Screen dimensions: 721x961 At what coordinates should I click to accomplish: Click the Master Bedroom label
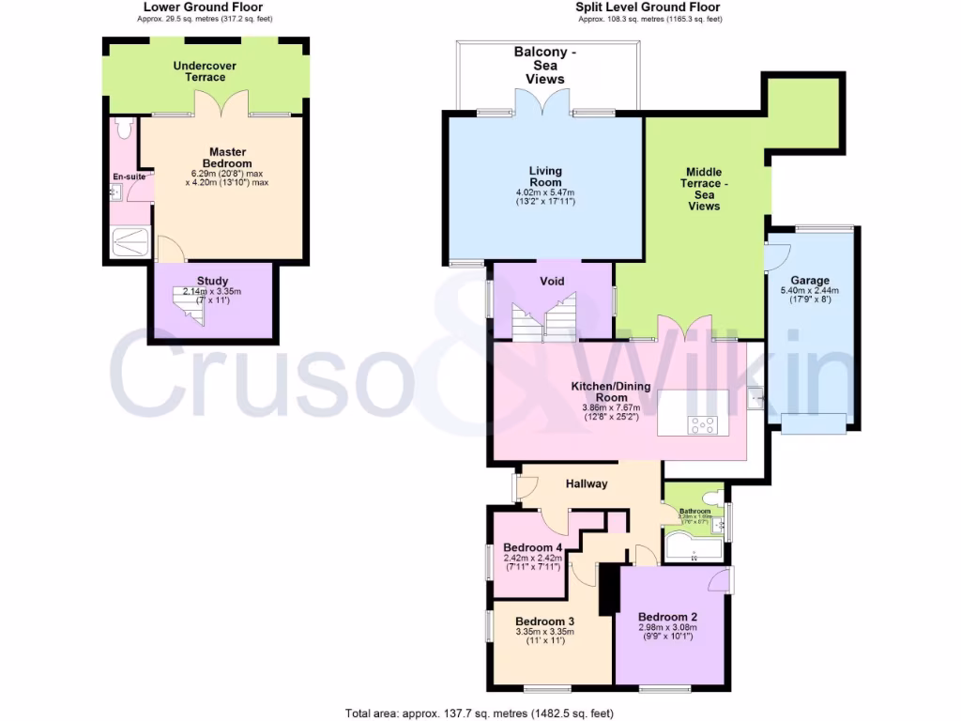pos(228,158)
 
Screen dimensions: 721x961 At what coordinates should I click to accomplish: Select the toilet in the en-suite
pos(123,129)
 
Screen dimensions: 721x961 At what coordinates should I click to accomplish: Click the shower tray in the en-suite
pos(130,242)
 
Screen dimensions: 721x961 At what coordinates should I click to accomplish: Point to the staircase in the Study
pos(188,306)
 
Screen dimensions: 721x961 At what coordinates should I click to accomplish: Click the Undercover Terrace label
pos(204,71)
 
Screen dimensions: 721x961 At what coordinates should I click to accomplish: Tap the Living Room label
pos(544,176)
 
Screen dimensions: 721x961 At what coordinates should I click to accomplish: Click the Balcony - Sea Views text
pos(544,66)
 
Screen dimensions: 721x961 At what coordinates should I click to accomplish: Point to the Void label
pos(551,281)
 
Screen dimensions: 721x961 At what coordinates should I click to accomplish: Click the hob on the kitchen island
pos(702,424)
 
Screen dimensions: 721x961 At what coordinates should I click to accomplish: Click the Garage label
pos(809,280)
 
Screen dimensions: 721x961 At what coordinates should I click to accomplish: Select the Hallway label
pos(587,483)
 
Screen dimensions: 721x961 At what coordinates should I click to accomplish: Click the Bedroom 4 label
pos(532,547)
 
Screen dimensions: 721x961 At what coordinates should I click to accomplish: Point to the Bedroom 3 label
pos(544,621)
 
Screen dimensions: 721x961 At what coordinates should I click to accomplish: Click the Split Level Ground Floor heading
pos(648,7)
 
